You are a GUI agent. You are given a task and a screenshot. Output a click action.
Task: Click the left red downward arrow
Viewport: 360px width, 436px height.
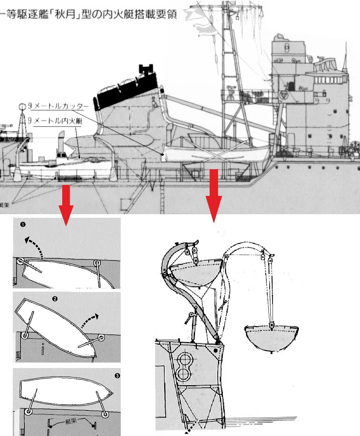(66, 205)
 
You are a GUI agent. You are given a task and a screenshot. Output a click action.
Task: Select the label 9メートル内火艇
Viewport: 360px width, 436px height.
(55, 121)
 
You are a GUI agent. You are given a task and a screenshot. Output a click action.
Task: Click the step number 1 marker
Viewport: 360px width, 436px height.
(23, 224)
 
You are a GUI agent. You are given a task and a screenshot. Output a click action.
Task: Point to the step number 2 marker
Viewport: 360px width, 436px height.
(55, 299)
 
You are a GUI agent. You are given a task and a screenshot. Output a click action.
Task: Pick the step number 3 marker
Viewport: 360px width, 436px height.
(117, 376)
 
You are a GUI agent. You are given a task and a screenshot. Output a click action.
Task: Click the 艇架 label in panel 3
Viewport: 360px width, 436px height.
(71, 421)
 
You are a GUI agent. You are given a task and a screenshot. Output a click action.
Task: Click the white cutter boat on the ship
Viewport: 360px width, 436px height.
(216, 153)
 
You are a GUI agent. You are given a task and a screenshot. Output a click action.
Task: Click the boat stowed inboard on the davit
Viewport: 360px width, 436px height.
(196, 273)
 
